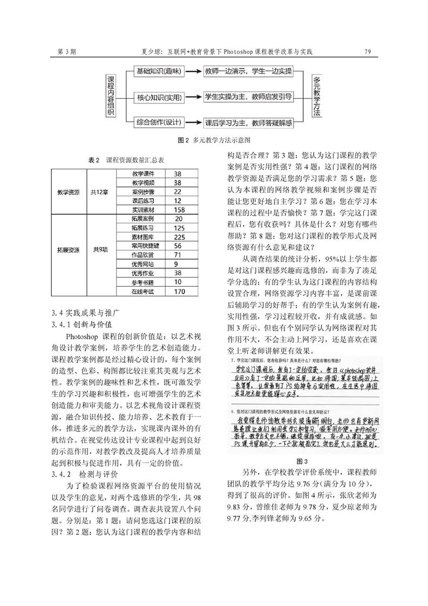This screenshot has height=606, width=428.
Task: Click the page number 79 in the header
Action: point(367,52)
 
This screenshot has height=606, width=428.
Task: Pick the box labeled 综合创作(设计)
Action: point(158,123)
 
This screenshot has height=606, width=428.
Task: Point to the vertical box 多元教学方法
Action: point(317,97)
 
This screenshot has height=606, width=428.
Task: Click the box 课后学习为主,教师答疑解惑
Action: point(248,123)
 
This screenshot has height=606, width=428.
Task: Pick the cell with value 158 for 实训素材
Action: point(180,210)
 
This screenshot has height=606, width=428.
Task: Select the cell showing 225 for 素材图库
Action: point(180,237)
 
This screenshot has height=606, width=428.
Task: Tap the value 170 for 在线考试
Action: point(180,292)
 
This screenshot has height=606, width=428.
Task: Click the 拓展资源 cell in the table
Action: point(69,250)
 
